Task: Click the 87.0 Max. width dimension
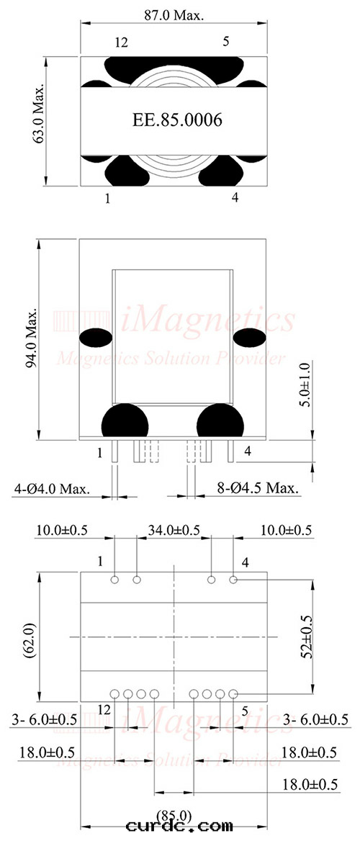[x=174, y=16]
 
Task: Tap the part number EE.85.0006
[x=177, y=120]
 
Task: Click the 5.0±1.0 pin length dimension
[x=305, y=385]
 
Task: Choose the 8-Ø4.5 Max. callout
[x=258, y=489]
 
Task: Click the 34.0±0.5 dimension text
[x=174, y=531]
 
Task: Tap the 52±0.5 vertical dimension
[x=306, y=636]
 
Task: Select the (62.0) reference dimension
[x=31, y=637]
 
